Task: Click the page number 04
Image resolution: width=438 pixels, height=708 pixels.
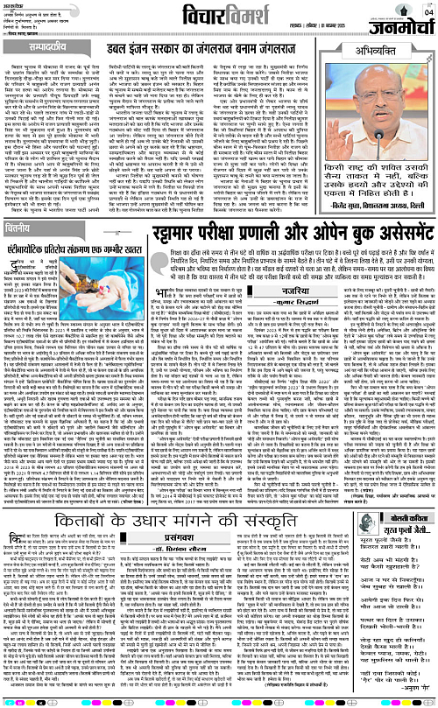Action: tap(427, 11)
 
